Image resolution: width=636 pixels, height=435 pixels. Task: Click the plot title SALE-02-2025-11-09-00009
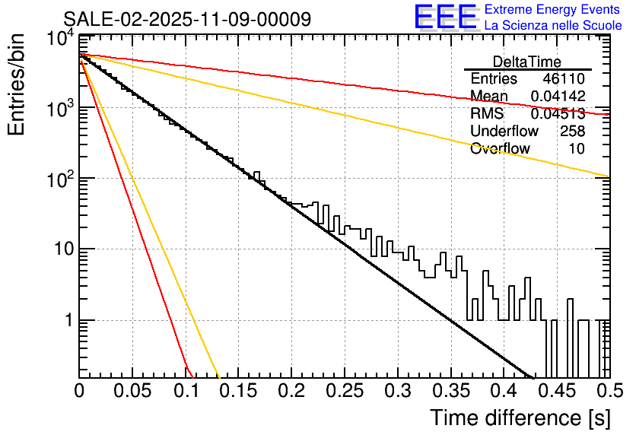pyautogui.click(x=186, y=19)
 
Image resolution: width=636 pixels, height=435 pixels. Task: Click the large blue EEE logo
pyautogui.click(x=445, y=17)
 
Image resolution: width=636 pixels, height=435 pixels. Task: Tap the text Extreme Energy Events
pyautogui.click(x=553, y=10)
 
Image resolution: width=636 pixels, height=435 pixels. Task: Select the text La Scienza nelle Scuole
pyautogui.click(x=553, y=26)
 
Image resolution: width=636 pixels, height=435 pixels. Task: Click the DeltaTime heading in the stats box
pyautogui.click(x=527, y=62)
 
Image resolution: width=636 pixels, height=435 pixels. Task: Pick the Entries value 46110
pyautogui.click(x=564, y=79)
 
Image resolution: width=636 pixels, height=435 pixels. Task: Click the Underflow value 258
pyautogui.click(x=572, y=131)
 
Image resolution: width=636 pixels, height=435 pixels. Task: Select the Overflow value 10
pyautogui.click(x=577, y=148)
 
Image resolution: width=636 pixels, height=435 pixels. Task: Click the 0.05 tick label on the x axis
pyautogui.click(x=132, y=392)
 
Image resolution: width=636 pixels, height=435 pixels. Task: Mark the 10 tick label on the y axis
pyautogui.click(x=60, y=249)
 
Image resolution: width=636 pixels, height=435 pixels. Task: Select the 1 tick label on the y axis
pyautogui.click(x=66, y=320)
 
